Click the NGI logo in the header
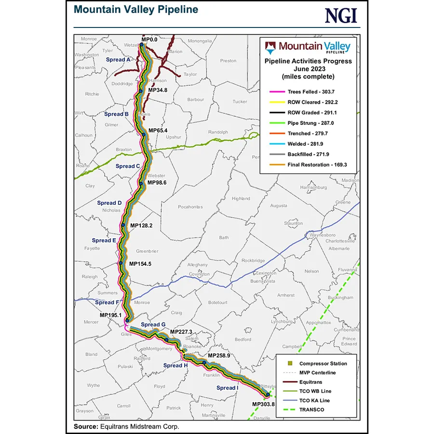point(341,15)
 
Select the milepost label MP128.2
point(141,225)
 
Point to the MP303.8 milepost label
point(263,404)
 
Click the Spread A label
point(119,60)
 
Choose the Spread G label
point(153,325)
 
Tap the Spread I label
point(227,388)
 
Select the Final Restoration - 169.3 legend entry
point(317,164)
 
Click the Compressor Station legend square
point(289,364)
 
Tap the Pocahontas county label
point(190,206)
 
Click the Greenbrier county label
point(147,251)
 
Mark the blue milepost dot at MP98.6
point(141,183)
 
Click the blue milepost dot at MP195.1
point(127,320)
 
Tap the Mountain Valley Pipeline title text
point(136,10)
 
